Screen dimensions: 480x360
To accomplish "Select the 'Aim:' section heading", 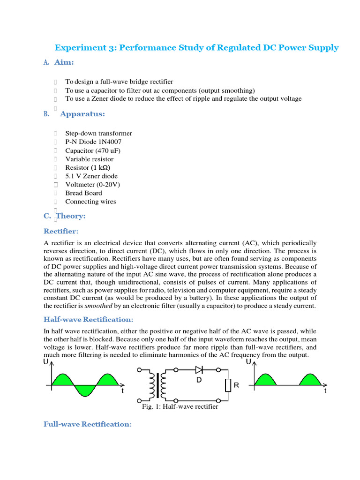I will point(64,62).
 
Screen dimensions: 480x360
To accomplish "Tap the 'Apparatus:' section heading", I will point(82,114).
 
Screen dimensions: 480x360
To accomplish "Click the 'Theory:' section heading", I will point(70,216).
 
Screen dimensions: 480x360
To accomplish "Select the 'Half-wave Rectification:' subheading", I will point(89,319).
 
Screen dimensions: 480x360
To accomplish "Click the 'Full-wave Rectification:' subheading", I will point(87,424).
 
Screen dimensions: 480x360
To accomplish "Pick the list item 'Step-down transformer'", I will point(98,134).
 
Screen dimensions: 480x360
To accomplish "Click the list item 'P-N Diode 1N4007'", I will point(94,142).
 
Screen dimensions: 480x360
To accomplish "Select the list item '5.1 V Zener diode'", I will point(91,176).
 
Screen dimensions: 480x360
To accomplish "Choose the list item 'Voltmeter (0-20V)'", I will point(92,185).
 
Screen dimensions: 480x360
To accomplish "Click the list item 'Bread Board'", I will point(83,193).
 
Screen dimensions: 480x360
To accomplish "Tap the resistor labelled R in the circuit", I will point(228,385).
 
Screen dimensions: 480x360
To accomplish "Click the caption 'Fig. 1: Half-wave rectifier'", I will point(180,407).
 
